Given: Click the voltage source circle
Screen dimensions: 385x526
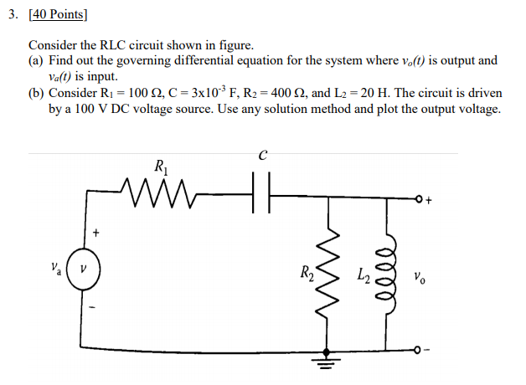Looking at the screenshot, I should click(x=83, y=269).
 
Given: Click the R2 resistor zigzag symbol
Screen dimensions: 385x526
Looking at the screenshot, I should click(x=334, y=270).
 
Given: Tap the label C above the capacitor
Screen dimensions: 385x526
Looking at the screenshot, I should click(x=263, y=156).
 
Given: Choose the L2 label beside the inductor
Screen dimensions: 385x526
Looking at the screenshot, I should click(x=364, y=273).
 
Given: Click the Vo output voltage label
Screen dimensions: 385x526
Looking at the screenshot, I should click(x=421, y=275).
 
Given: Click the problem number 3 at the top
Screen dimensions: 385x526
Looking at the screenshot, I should click(x=12, y=14).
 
